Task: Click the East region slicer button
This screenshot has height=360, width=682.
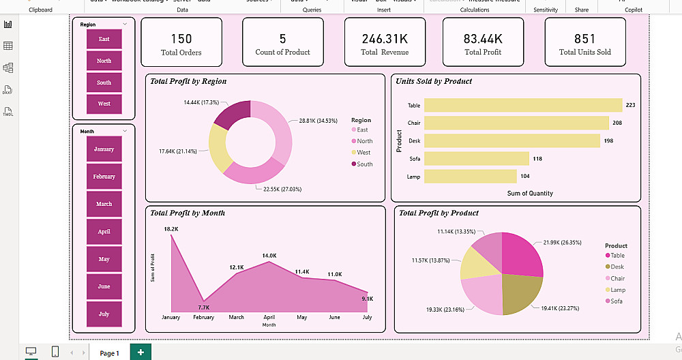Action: pos(104,39)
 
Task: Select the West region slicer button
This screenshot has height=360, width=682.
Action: pos(104,104)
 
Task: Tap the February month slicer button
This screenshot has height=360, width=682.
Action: pos(104,177)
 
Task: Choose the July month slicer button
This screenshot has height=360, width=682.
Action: pos(104,314)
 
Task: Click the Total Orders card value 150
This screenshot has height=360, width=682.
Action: pos(181,39)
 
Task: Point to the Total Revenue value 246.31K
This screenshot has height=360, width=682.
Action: pos(385,39)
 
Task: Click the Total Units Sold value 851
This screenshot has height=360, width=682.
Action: pos(584,39)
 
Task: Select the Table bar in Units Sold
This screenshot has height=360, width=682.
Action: pos(522,105)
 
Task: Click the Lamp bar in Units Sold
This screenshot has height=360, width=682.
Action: pos(470,176)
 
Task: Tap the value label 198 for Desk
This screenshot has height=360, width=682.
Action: pos(609,140)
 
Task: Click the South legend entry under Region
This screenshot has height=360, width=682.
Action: pos(365,164)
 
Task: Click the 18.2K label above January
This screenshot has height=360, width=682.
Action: pos(170,229)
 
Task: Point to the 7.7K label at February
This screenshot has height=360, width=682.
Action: pos(204,307)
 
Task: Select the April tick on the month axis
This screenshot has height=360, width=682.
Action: pos(269,318)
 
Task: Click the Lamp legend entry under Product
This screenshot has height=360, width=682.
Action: pos(617,290)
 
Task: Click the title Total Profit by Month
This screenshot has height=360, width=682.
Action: pos(188,213)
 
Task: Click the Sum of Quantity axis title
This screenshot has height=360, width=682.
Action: pos(530,194)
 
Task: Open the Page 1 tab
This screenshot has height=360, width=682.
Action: pos(109,353)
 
